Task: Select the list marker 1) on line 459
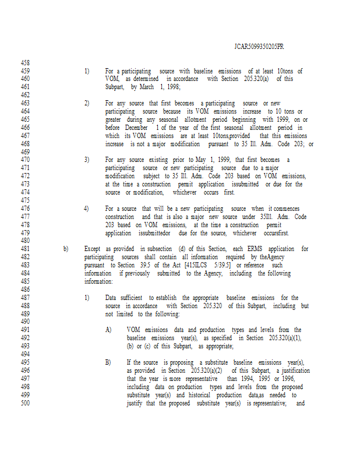[87, 71]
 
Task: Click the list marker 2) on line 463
[87, 103]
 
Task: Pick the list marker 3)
[87, 160]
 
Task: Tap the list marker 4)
[87, 209]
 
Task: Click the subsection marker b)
[66, 249]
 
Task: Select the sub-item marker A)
[108, 330]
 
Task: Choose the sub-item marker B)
[108, 362]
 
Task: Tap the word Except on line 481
[93, 249]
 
